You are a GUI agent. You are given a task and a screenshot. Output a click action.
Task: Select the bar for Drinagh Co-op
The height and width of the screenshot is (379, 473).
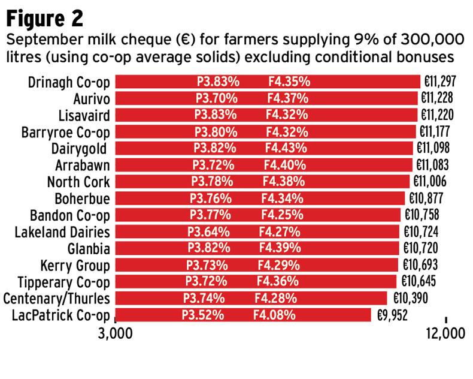(x=267, y=82)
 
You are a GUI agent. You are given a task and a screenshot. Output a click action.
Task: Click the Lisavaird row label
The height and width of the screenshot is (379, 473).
(x=84, y=115)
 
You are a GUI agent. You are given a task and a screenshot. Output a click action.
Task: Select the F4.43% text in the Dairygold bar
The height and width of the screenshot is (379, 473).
(x=287, y=148)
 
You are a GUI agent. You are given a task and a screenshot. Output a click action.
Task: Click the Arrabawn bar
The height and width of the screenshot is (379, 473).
(x=263, y=165)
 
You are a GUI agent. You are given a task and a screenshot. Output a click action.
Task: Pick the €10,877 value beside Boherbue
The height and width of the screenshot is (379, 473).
(x=427, y=198)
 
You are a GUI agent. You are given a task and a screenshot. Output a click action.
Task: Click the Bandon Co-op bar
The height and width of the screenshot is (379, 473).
(x=257, y=215)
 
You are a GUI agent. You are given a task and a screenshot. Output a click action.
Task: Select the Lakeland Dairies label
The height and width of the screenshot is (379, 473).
(x=62, y=231)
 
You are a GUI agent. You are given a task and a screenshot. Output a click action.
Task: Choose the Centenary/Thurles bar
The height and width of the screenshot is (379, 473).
(x=251, y=298)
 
